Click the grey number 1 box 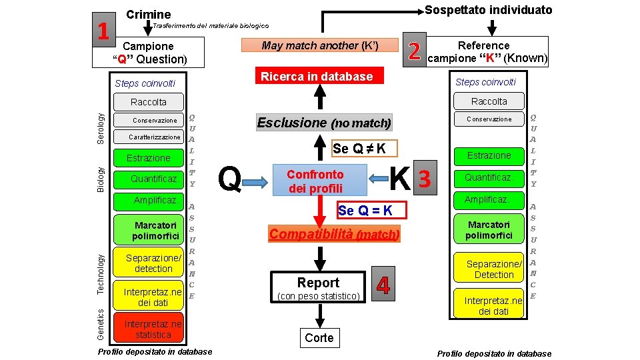pyautogui.click(x=103, y=31)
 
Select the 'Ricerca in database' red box pyautogui.click(x=317, y=76)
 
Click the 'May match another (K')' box pyautogui.click(x=320, y=45)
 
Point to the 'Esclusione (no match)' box pyautogui.click(x=324, y=123)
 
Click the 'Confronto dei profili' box pyautogui.click(x=315, y=181)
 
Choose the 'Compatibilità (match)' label pyautogui.click(x=334, y=234)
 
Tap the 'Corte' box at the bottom pyautogui.click(x=319, y=338)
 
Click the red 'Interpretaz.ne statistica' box pyautogui.click(x=153, y=329)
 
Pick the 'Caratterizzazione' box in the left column pyautogui.click(x=155, y=137)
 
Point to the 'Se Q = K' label pyautogui.click(x=365, y=211)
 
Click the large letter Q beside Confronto pyautogui.click(x=230, y=179)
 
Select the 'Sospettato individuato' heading pyautogui.click(x=489, y=9)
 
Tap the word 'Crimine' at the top pyautogui.click(x=148, y=14)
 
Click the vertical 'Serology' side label pyautogui.click(x=101, y=127)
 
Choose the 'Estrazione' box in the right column pyautogui.click(x=489, y=155)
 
